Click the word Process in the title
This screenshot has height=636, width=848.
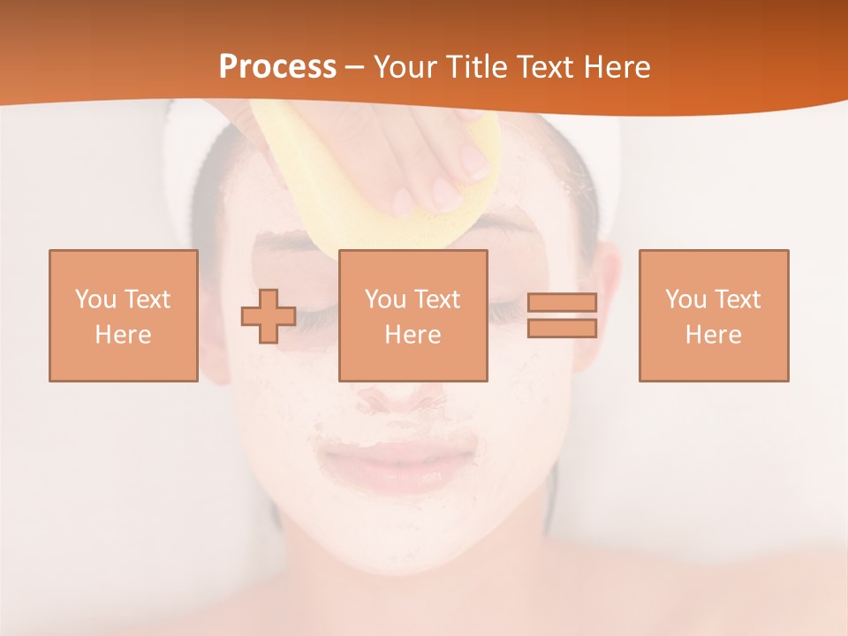click(x=277, y=67)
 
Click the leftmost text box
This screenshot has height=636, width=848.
click(x=123, y=315)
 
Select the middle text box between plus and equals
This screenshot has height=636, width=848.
click(x=413, y=315)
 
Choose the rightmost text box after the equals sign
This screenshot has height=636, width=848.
click(x=713, y=315)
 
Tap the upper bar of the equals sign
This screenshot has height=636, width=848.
click(x=562, y=302)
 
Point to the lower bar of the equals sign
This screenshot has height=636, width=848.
click(x=562, y=329)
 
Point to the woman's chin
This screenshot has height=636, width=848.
click(x=402, y=539)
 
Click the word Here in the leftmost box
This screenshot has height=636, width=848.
click(x=123, y=335)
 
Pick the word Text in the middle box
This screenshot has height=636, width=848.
click(x=437, y=299)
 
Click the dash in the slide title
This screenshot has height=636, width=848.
click(x=354, y=67)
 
